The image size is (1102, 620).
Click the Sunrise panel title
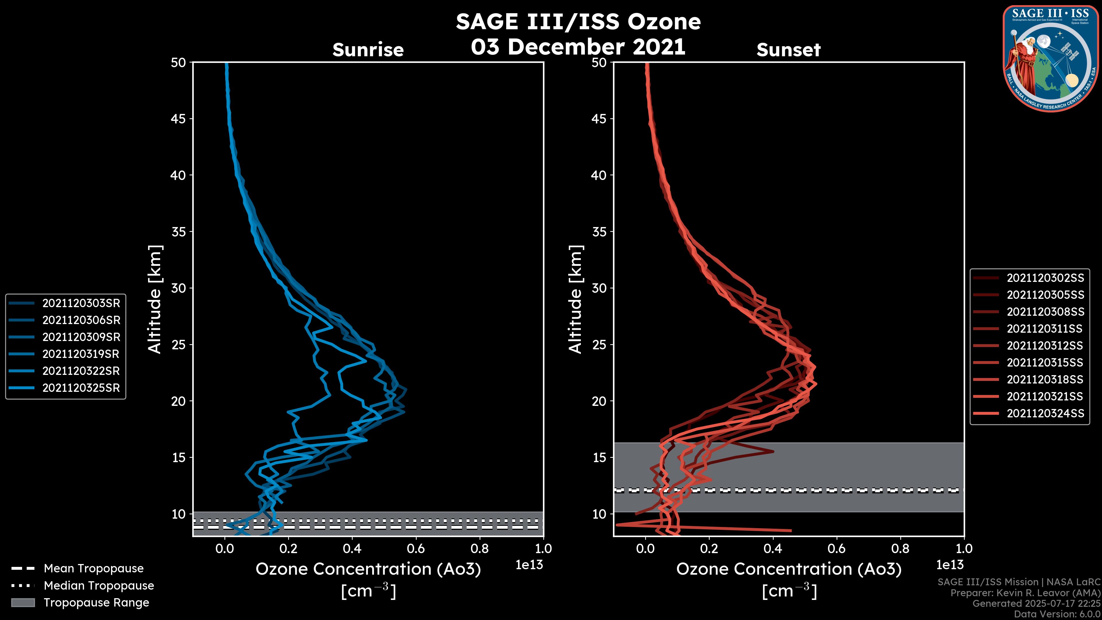click(x=368, y=50)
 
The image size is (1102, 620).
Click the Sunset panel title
click(x=788, y=50)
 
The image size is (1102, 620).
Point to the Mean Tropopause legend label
click(x=94, y=569)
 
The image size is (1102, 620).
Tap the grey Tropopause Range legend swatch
click(x=23, y=602)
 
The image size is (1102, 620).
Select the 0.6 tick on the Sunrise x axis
click(x=416, y=549)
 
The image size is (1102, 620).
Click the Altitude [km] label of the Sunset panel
click(x=575, y=299)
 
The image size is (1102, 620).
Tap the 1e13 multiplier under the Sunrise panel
click(x=529, y=565)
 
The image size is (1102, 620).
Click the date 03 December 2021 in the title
click(x=578, y=46)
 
